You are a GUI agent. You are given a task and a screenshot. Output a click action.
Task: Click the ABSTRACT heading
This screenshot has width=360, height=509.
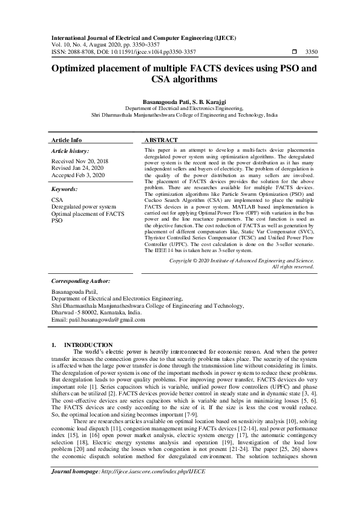point(162,140)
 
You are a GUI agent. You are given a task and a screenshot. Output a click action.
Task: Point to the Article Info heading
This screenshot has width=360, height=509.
point(67,140)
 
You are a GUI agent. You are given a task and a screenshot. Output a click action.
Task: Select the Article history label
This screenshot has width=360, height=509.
point(70,151)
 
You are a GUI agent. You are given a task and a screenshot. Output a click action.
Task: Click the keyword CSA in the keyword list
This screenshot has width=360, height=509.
point(57,199)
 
